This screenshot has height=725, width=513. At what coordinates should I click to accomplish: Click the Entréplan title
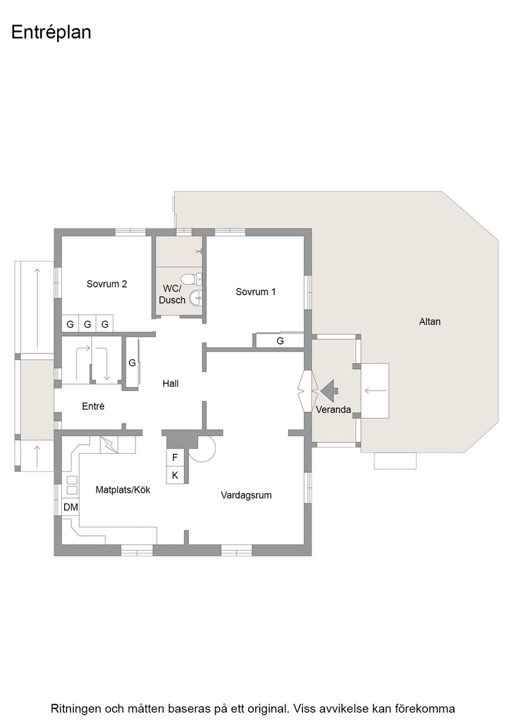coord(51,32)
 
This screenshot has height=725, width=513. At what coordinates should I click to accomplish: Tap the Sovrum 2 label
coord(107,284)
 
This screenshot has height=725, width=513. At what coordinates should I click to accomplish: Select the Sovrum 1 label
coord(256,292)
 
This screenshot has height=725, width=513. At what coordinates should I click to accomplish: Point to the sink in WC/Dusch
coord(197,298)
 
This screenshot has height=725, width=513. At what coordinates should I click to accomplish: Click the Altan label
coord(429,321)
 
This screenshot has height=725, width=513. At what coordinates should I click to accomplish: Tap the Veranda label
coord(334,409)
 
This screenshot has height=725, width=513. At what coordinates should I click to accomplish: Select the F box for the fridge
coord(175,458)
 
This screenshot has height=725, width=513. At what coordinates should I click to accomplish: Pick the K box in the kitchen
coord(175,475)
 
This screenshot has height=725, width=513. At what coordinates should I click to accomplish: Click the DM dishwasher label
coord(71,507)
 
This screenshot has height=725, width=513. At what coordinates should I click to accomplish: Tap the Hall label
coord(171,383)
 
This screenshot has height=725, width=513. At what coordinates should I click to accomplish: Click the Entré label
coord(93,406)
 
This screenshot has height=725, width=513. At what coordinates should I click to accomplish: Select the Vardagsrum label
coord(246,495)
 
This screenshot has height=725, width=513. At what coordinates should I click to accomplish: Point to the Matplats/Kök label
coord(123,489)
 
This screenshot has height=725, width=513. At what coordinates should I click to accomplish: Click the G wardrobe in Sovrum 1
coord(280,340)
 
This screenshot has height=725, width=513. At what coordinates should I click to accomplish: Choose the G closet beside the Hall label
coord(132,363)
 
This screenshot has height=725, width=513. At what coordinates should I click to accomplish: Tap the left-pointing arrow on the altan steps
coord(376,391)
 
